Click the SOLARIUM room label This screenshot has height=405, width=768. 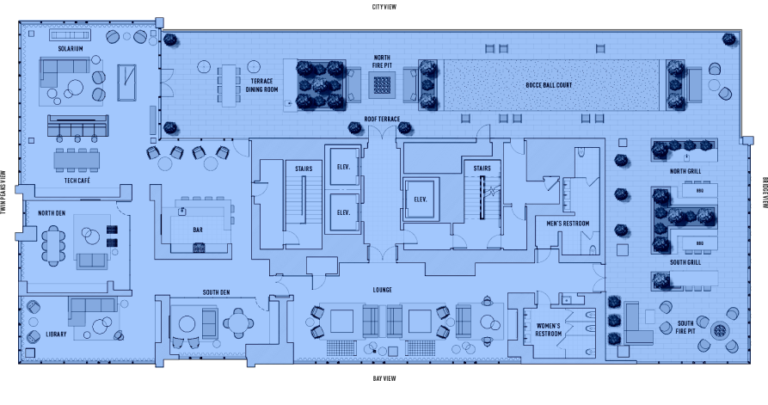tap(71, 49)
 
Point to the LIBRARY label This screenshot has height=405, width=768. tap(56, 334)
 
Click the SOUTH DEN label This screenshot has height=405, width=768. tap(216, 292)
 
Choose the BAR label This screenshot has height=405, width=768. tap(199, 230)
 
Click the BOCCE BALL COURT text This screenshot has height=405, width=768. tap(549, 85)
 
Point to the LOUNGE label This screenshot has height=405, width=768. tap(383, 290)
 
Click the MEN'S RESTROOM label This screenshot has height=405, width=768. tap(568, 224)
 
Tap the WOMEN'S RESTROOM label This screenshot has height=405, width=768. tap(549, 329)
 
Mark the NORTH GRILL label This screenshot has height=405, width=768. tap(685, 171)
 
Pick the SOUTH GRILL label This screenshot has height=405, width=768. tap(685, 262)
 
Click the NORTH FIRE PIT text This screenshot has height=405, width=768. tap(381, 61)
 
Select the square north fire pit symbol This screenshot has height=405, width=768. tap(381, 84)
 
